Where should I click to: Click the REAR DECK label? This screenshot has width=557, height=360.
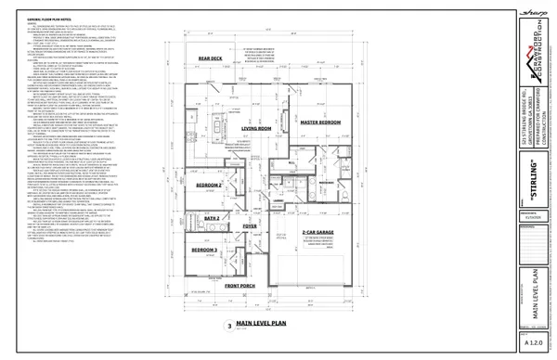coord(211,58)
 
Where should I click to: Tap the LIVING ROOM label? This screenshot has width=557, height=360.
coord(255,128)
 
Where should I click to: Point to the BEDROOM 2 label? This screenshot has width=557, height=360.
coord(209,186)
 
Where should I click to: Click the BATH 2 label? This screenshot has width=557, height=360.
coord(211,217)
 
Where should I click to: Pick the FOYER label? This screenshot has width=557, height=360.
coord(250,225)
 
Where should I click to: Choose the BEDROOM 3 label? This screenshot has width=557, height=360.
coord(205,251)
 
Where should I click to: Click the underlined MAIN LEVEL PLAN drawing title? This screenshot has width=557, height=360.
coord(265,323)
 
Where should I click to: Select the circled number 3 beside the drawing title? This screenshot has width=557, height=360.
coord(228,326)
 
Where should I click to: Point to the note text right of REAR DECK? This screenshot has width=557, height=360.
coord(262,55)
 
